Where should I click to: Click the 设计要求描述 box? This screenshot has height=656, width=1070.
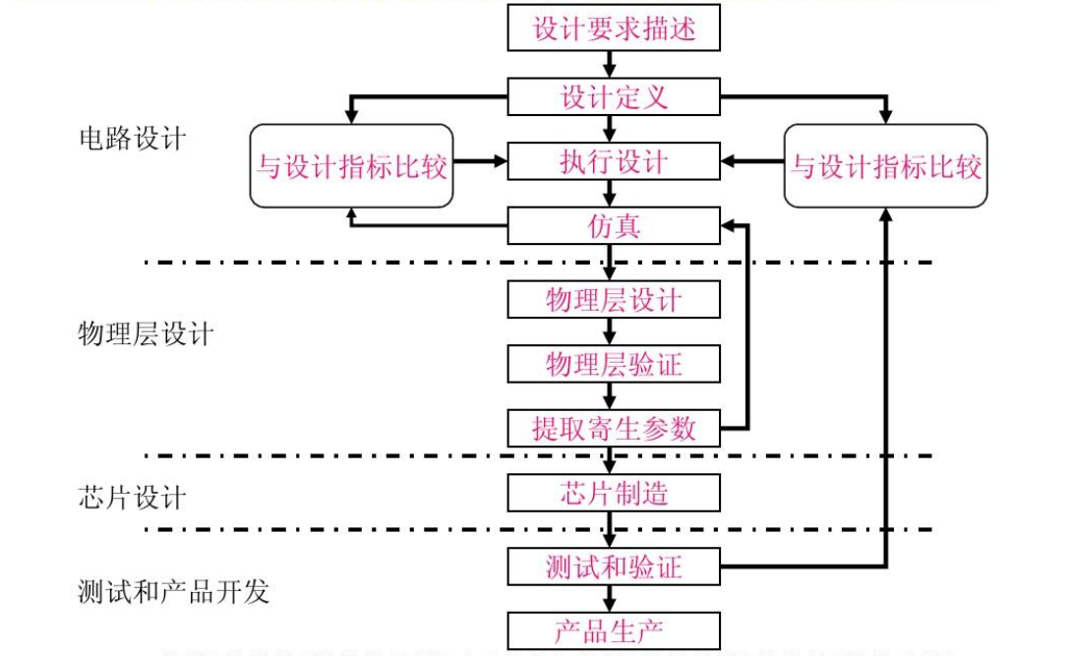[614, 28]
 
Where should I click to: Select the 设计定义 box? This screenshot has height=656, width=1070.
[614, 97]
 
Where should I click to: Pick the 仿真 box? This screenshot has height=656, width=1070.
[614, 227]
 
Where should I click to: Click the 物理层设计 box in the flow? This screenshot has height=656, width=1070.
[614, 300]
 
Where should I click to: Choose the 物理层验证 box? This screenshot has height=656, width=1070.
[614, 365]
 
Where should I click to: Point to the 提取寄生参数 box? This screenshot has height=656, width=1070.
[614, 428]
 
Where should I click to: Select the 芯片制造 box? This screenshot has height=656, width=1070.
[614, 493]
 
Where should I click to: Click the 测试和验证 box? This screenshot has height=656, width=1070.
[614, 567]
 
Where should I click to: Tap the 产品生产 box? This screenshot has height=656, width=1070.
[614, 629]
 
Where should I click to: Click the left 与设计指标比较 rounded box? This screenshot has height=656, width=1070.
[351, 165]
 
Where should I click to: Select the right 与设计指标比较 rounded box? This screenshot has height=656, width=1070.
[886, 165]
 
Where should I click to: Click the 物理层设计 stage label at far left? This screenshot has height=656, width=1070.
[145, 333]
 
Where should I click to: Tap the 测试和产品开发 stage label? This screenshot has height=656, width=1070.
[172, 591]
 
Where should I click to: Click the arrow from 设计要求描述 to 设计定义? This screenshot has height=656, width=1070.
[611, 65]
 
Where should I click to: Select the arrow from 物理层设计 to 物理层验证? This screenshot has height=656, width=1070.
[611, 332]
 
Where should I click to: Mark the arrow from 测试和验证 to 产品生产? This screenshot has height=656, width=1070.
[611, 597]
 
